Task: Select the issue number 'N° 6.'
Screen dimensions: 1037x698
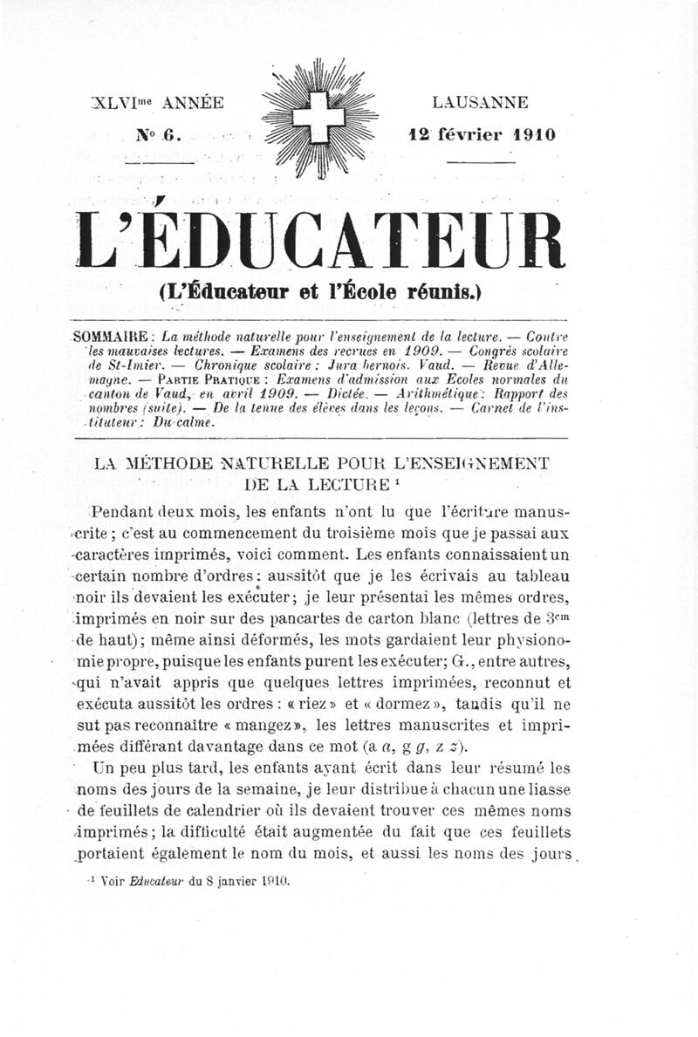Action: pos(157,135)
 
